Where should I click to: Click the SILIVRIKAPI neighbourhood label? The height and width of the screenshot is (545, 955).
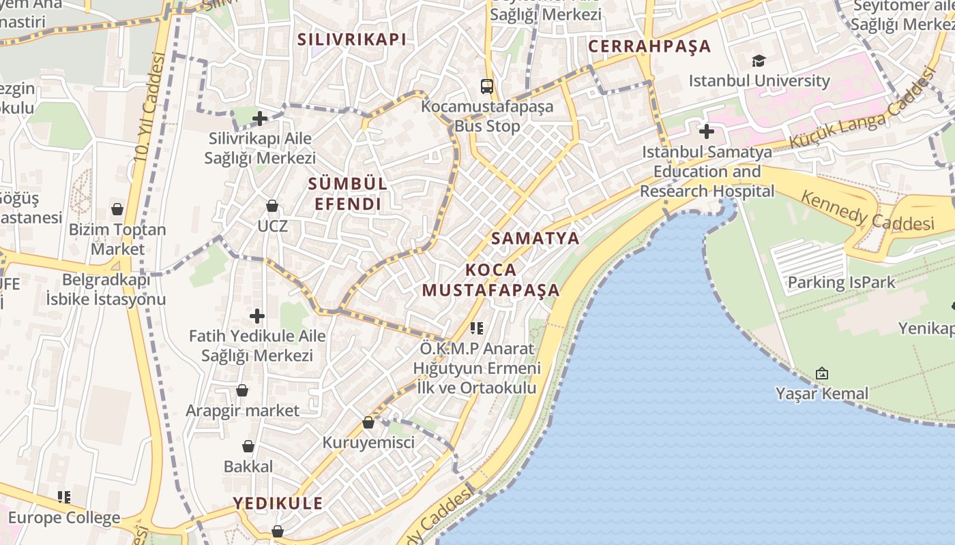tap(351, 40)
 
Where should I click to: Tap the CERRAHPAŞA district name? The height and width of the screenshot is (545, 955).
tap(649, 46)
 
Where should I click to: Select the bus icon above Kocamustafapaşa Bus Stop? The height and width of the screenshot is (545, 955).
tap(487, 87)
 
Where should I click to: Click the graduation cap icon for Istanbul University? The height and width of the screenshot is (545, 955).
tap(759, 61)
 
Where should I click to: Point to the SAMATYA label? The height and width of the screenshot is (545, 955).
tap(535, 238)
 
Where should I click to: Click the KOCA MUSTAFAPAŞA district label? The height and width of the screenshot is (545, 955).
tap(490, 280)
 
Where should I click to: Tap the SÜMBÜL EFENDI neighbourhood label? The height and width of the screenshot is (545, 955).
tap(347, 193)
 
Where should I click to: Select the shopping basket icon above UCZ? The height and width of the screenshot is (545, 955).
tap(272, 205)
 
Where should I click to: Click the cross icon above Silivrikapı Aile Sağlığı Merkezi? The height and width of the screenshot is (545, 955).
tap(259, 119)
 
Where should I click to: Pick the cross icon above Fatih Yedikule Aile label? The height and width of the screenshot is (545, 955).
tap(257, 316)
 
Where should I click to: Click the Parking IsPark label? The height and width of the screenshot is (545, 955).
tap(841, 282)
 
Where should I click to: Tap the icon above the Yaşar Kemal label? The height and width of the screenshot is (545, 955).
tap(822, 373)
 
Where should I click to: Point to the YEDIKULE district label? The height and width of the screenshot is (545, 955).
tap(278, 503)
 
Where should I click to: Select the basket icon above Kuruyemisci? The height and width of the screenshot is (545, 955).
tap(368, 422)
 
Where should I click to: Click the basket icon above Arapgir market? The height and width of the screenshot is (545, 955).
tap(242, 390)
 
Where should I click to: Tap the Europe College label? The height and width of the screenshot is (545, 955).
tap(64, 518)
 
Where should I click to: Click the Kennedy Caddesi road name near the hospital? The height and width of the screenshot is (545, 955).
tap(867, 211)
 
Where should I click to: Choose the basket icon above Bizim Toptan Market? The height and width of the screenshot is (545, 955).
tap(117, 208)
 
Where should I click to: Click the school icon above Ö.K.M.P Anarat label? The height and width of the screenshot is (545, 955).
tap(477, 328)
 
